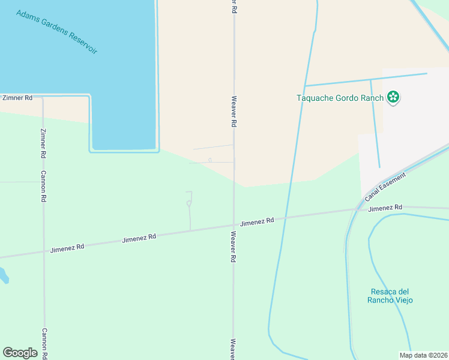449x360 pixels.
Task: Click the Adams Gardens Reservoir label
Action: tap(57, 32)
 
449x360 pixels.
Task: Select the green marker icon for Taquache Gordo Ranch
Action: tap(393, 97)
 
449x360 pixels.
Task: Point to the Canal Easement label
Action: tap(385, 187)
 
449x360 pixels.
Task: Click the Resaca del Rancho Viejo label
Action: tap(391, 296)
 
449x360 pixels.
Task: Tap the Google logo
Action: tap(20, 353)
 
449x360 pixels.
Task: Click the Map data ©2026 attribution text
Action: tap(424, 355)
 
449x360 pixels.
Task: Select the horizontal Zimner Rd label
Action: tap(17, 97)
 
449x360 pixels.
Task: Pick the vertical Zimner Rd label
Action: tap(43, 143)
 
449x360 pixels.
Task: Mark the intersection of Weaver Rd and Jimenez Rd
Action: tap(234, 226)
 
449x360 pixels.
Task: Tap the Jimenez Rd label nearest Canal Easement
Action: tap(385, 208)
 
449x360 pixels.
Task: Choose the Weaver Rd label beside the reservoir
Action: tap(234, 110)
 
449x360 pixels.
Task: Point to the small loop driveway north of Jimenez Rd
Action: tap(188, 203)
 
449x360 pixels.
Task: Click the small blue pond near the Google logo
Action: tap(4, 275)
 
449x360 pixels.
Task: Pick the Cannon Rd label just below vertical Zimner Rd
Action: tap(43, 186)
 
